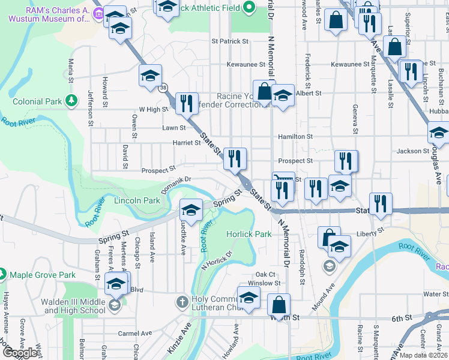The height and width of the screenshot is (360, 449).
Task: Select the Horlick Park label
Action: (249, 234)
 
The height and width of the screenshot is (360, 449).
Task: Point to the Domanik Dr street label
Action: (175, 179)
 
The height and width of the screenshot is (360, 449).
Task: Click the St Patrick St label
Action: (230, 41)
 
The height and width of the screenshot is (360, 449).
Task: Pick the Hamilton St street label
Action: (295, 137)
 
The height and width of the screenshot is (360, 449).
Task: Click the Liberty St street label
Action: (369, 233)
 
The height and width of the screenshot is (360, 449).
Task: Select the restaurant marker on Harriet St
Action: (235, 158)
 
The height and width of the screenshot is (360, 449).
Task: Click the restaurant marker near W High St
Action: (187, 103)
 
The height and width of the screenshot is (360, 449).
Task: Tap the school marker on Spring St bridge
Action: (191, 210)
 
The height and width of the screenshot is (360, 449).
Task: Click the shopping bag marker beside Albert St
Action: (263, 91)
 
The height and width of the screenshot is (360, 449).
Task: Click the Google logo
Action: (20, 353)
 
